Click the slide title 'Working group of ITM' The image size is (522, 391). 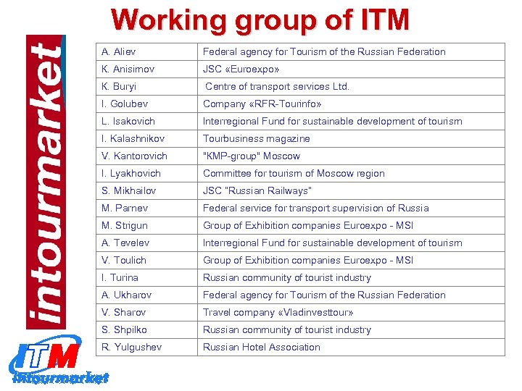[260, 20]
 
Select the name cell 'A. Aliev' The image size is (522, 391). [119, 51]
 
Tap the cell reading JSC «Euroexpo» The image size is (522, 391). [241, 69]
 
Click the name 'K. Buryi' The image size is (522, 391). [120, 86]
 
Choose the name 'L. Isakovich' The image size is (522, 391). [128, 121]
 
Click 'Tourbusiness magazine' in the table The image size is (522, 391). [257, 138]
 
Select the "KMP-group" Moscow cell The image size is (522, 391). [252, 156]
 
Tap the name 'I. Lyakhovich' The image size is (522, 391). [131, 173]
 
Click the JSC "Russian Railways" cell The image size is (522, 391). [257, 190]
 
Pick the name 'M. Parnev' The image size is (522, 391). [125, 208]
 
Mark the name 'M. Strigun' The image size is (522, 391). [125, 225]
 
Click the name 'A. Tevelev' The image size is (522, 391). [125, 243]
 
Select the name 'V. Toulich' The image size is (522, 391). [124, 260]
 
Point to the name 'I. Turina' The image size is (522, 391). [120, 277]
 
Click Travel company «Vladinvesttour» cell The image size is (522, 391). [278, 312]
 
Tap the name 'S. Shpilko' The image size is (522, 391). [125, 329]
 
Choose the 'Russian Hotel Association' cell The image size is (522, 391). [262, 347]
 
